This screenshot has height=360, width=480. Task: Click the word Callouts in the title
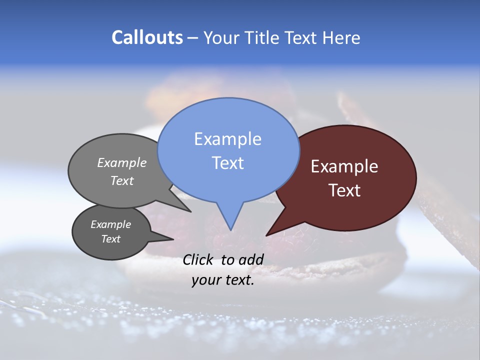147,37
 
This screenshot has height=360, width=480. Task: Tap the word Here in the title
342,37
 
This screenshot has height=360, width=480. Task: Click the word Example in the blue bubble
227,139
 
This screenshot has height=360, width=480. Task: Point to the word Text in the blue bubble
227,163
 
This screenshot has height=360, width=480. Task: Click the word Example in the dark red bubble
344,166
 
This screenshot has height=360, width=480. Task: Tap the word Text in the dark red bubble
344,190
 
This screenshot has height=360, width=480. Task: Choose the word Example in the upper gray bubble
122,162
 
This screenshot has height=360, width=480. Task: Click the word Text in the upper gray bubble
122,180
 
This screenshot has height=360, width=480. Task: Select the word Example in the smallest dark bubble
110,224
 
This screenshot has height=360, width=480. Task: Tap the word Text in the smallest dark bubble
110,239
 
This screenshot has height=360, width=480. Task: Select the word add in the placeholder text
251,259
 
